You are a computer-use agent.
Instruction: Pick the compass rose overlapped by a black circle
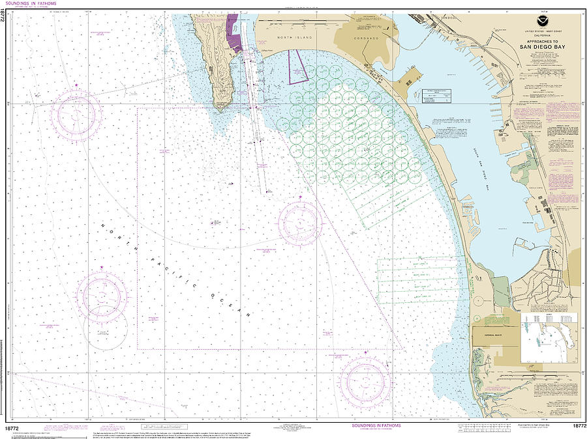(102, 295)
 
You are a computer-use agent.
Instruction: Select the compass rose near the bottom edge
(365, 380)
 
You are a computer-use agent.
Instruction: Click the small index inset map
(549, 337)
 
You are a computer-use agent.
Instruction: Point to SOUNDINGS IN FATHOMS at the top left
(33, 4)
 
